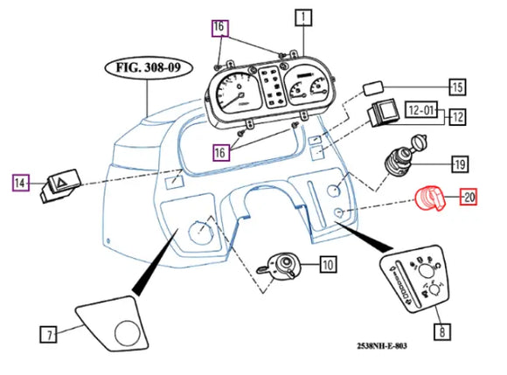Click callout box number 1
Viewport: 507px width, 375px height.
click(x=303, y=17)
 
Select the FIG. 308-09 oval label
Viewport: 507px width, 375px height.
click(x=149, y=68)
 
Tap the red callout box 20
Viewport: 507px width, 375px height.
click(x=469, y=197)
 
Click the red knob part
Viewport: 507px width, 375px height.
click(x=431, y=198)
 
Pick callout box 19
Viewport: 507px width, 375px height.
click(x=460, y=164)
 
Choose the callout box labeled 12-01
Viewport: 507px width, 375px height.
click(x=421, y=110)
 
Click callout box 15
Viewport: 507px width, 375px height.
click(x=457, y=87)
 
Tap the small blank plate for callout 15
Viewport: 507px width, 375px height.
click(x=373, y=88)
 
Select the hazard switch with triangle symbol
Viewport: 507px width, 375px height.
click(x=60, y=186)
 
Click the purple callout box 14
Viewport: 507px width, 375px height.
click(x=21, y=183)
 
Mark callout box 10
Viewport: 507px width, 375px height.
click(x=328, y=265)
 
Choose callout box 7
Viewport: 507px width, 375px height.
click(x=48, y=335)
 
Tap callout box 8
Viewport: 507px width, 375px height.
click(x=442, y=331)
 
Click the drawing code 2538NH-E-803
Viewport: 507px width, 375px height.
click(x=382, y=346)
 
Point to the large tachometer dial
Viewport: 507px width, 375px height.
click(x=235, y=94)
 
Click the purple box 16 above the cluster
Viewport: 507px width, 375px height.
click(x=220, y=28)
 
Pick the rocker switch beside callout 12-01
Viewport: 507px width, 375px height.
click(x=384, y=113)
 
